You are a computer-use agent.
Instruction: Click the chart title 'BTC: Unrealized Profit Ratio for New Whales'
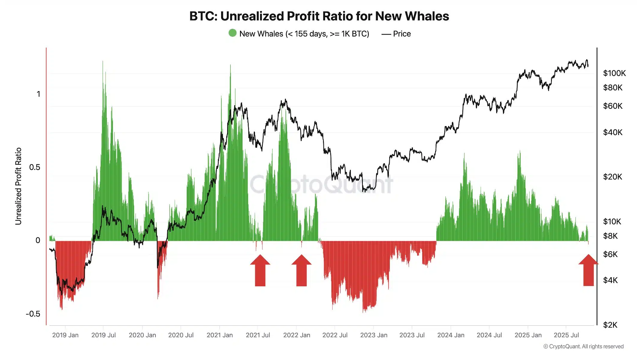click(x=319, y=16)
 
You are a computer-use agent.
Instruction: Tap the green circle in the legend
click(x=233, y=33)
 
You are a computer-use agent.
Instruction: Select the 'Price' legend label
click(x=401, y=34)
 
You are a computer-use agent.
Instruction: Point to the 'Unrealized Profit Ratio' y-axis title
click(x=18, y=186)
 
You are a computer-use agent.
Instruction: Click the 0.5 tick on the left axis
click(x=34, y=167)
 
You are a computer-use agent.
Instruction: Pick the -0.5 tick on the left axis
click(x=33, y=314)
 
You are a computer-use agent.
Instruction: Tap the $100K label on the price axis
click(x=614, y=73)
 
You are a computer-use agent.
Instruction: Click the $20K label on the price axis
click(x=612, y=177)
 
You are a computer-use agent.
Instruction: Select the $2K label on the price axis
click(x=610, y=325)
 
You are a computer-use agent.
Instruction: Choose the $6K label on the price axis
click(x=610, y=254)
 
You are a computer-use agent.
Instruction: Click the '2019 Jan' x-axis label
click(x=65, y=335)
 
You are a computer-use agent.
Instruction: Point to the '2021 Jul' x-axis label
click(x=258, y=335)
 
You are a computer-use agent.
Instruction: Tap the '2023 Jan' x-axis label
click(x=374, y=335)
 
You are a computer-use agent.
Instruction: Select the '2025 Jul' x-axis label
click(x=566, y=335)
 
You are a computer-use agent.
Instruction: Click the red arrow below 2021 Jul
click(x=260, y=270)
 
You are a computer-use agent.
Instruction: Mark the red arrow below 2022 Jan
click(x=301, y=270)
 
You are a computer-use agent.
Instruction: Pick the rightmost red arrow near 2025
click(x=588, y=270)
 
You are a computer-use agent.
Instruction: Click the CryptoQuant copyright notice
click(x=583, y=347)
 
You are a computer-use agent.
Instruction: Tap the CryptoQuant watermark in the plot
click(x=321, y=184)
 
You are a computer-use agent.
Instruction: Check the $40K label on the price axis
click(x=612, y=132)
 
